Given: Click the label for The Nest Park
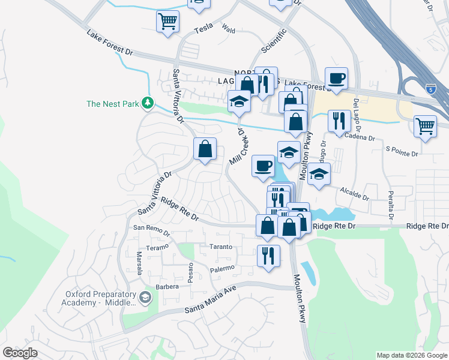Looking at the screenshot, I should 112,104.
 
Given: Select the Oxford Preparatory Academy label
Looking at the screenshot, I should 99,298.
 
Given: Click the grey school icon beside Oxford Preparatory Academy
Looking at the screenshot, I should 145,297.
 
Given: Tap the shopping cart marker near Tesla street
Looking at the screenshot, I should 168,22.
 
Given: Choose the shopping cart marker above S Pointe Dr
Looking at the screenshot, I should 425,126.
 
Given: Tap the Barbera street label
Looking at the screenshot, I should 168,287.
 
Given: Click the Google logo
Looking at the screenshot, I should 20,353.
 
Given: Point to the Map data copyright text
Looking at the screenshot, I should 411,355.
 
